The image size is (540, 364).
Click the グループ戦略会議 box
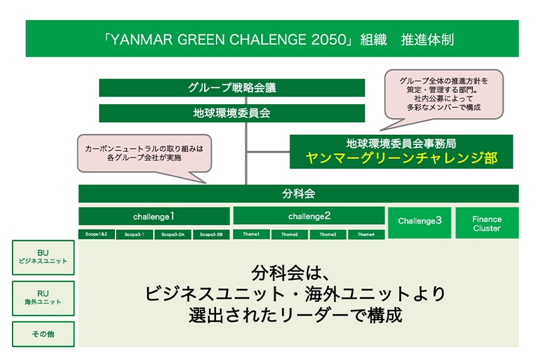(x=232, y=88)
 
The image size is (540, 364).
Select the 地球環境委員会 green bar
(x=232, y=114)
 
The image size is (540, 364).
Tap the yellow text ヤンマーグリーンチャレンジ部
(x=401, y=158)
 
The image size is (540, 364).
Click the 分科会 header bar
(x=298, y=193)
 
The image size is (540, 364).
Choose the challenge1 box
(x=153, y=217)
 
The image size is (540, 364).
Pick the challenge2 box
(x=309, y=217)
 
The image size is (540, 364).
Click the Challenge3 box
(x=419, y=221)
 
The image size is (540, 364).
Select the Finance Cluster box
(x=487, y=223)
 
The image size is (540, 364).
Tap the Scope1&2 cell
(x=97, y=234)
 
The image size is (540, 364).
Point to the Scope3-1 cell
(x=134, y=234)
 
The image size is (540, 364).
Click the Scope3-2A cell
(x=173, y=234)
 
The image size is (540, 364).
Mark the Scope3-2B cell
(x=210, y=234)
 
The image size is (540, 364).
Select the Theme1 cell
(x=251, y=234)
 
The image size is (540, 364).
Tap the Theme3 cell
(x=327, y=234)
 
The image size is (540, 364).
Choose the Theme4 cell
(x=366, y=234)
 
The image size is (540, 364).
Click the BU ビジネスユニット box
(x=43, y=257)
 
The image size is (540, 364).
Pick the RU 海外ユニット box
(x=43, y=297)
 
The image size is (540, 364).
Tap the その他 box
(x=43, y=334)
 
